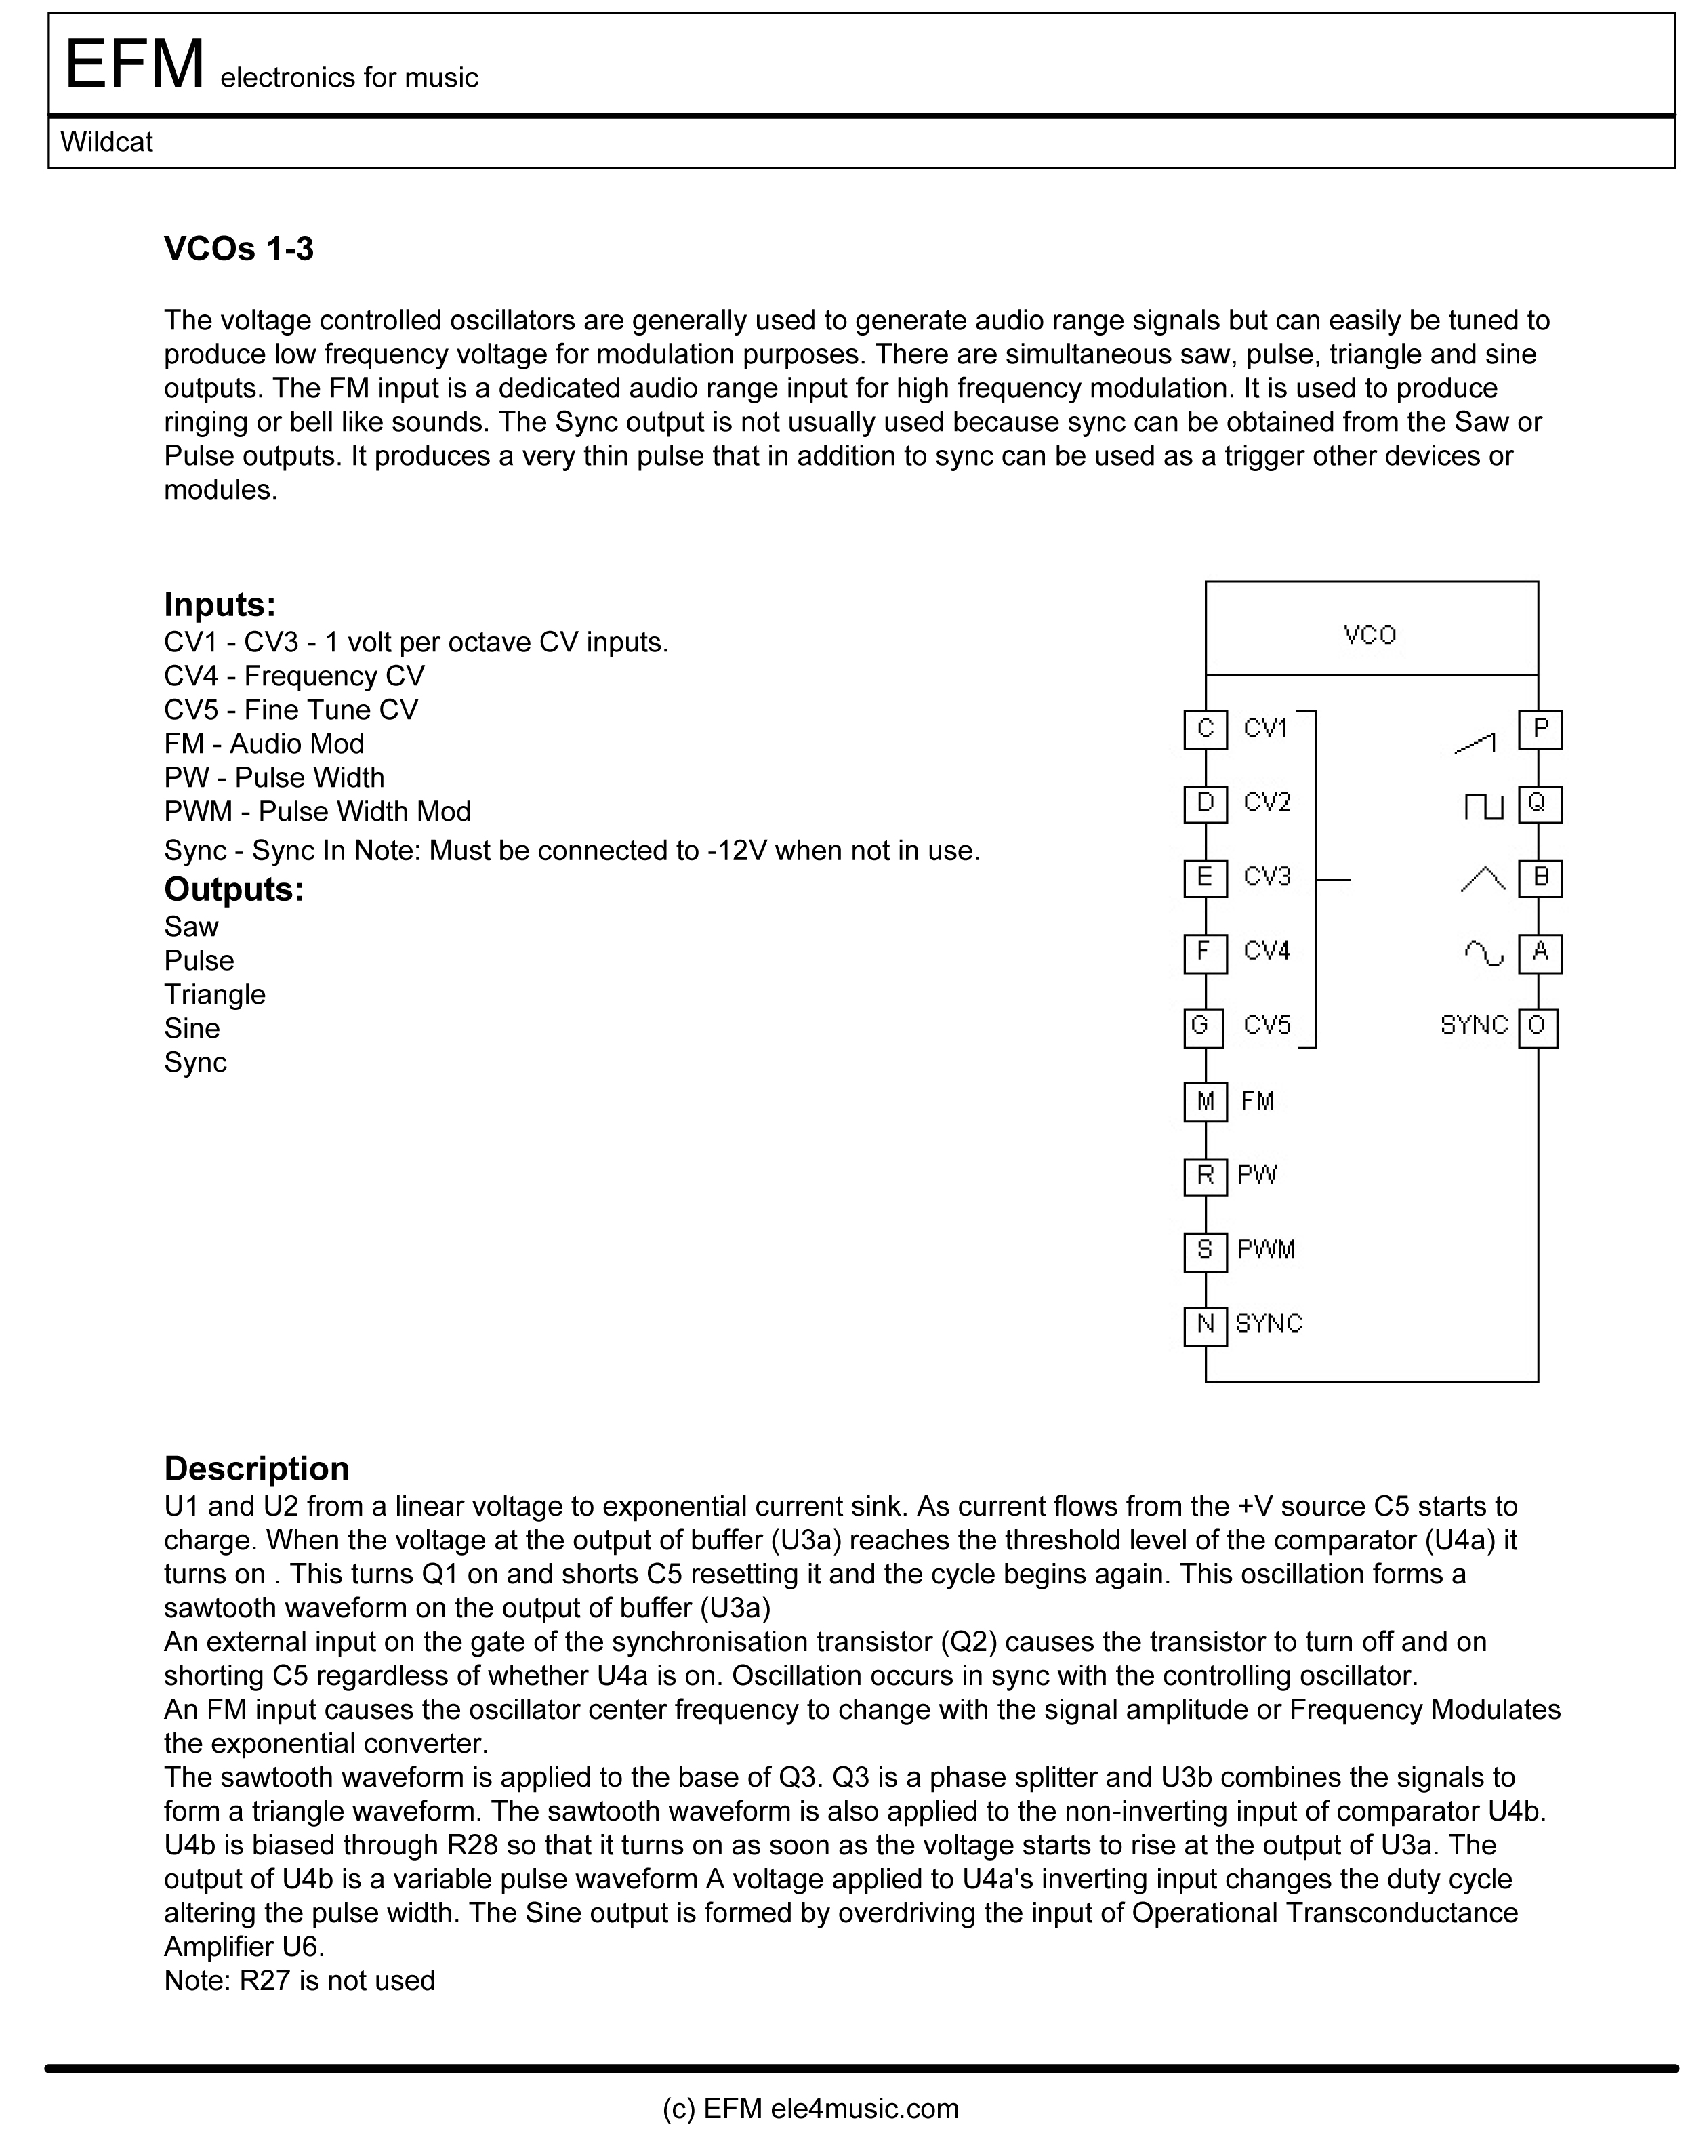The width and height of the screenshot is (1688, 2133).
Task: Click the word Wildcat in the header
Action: (107, 142)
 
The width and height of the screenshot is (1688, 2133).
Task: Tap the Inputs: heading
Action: (220, 604)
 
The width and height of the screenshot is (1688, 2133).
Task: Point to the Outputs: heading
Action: (233, 889)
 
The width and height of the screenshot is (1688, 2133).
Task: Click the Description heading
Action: (256, 1468)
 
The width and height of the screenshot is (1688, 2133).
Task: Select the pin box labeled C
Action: (1205, 729)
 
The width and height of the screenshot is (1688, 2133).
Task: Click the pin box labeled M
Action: (1205, 1101)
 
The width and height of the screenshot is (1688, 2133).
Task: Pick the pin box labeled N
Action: (1205, 1324)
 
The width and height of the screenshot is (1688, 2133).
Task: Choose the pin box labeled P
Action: (1540, 729)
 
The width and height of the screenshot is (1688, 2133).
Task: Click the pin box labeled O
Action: (1537, 1026)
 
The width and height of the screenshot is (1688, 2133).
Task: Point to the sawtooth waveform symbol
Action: (1475, 744)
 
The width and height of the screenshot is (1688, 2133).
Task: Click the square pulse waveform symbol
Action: (1483, 807)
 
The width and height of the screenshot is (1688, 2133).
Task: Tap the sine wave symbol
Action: (1483, 954)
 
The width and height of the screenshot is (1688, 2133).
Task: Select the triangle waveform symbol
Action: (1483, 878)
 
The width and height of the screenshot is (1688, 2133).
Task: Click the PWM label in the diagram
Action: (1265, 1251)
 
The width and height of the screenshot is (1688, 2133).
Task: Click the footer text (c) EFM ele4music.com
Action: (810, 2109)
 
